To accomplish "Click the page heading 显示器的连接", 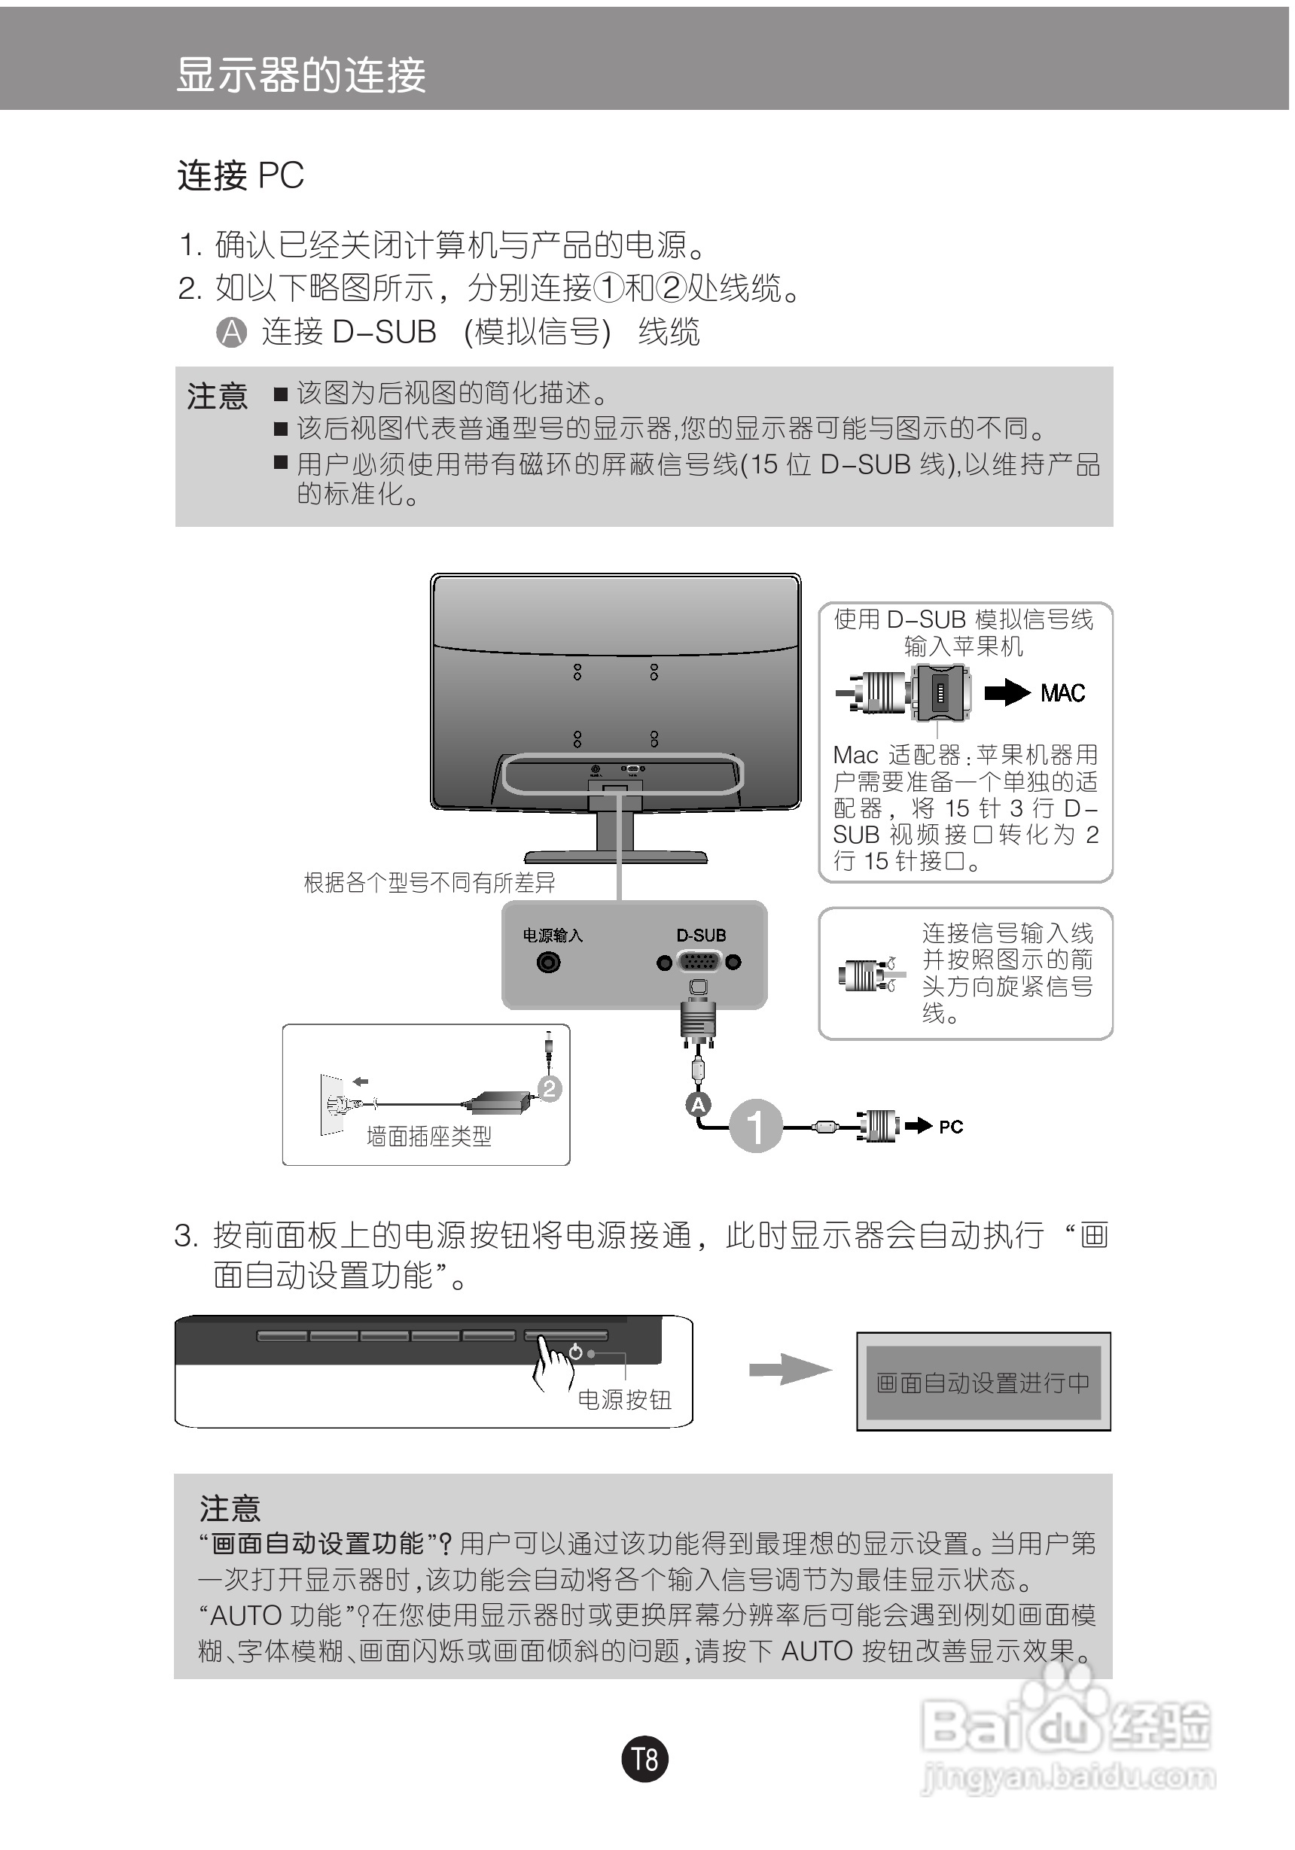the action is tap(300, 76).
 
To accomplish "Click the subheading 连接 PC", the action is tap(240, 175).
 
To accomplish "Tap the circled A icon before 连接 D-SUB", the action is tap(232, 332).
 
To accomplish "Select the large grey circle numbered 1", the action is tap(755, 1126).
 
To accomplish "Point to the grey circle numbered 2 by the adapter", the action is tap(550, 1089).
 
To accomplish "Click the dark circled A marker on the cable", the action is tap(698, 1105).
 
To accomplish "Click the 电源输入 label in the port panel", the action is tap(552, 936).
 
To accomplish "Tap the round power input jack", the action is tap(549, 962).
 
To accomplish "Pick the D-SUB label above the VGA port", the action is tap(700, 936).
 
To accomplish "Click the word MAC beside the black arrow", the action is tap(1062, 693).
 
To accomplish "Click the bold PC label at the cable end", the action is tap(951, 1127).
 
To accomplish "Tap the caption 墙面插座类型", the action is tap(428, 1137).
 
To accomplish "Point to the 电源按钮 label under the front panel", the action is tap(624, 1400).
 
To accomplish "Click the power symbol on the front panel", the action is tap(575, 1352).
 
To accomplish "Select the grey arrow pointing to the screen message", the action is tap(788, 1370).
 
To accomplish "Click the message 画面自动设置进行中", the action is tap(983, 1383).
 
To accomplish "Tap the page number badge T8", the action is tap(644, 1758).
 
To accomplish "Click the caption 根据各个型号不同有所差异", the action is tap(428, 883).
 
